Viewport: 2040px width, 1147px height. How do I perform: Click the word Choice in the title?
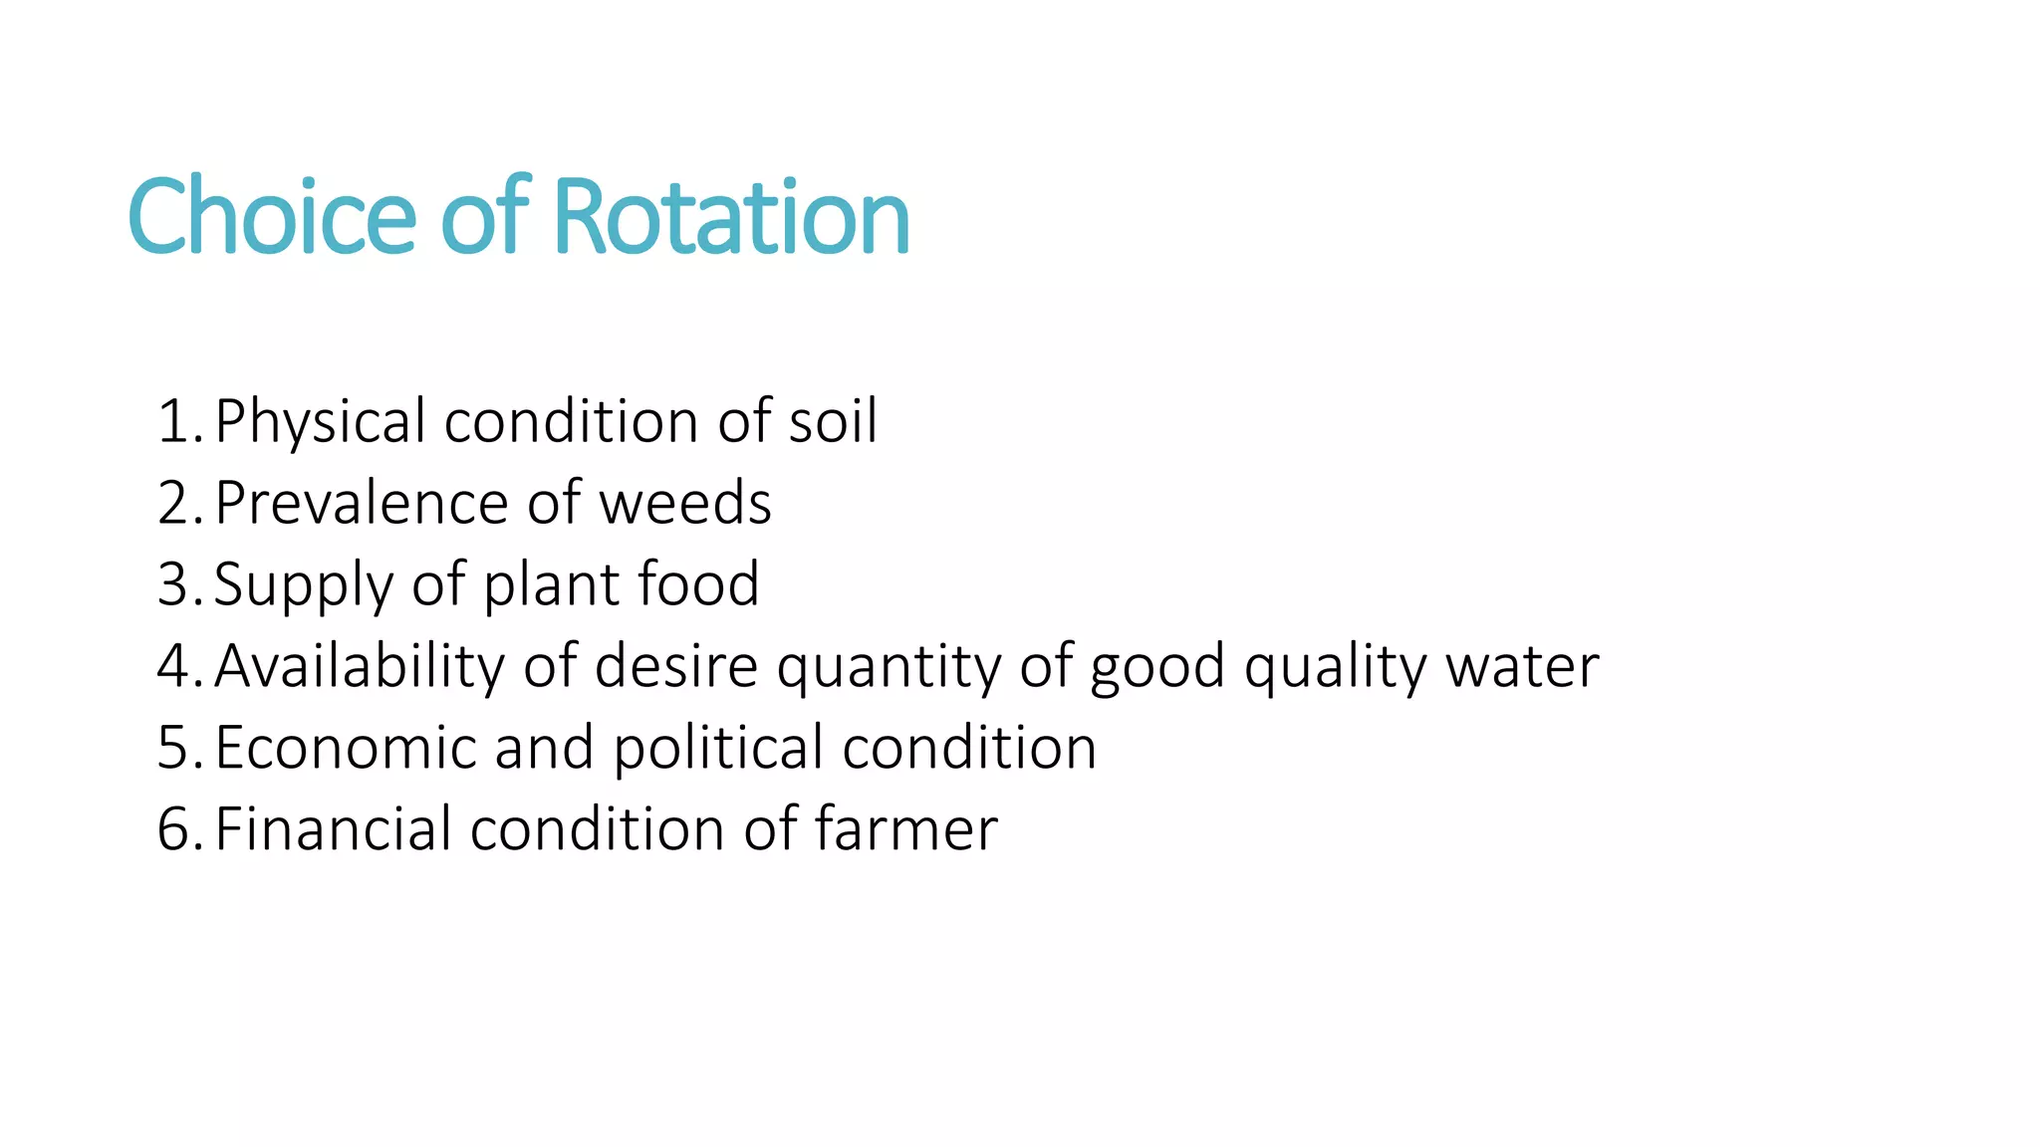pyautogui.click(x=271, y=216)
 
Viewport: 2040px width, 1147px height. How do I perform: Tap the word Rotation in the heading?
pyautogui.click(x=730, y=216)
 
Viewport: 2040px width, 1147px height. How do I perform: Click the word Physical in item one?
pyautogui.click(x=321, y=422)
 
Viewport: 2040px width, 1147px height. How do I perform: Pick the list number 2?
pyautogui.click(x=176, y=502)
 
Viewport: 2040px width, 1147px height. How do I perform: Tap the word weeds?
pyautogui.click(x=685, y=502)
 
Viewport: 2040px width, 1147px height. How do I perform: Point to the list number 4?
pyautogui.click(x=176, y=665)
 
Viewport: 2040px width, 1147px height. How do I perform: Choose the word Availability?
pyautogui.click(x=360, y=667)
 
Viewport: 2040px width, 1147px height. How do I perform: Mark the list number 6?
pyautogui.click(x=176, y=828)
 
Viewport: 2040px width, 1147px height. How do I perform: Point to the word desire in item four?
pyautogui.click(x=676, y=665)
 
